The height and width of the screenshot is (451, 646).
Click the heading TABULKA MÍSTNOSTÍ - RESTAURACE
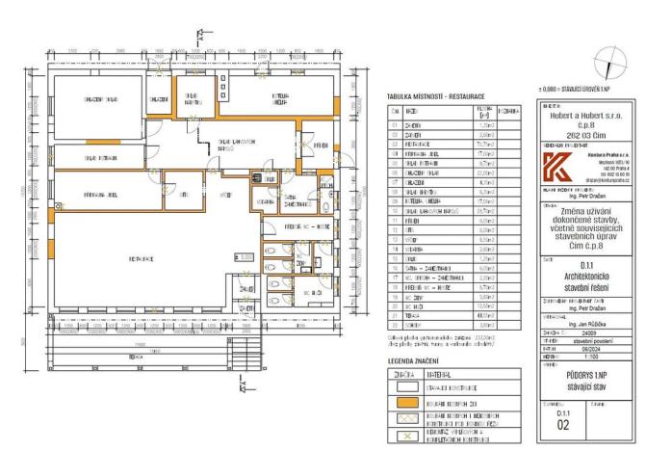pyautogui.click(x=434, y=97)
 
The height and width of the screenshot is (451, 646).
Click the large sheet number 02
pyautogui.click(x=563, y=422)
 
